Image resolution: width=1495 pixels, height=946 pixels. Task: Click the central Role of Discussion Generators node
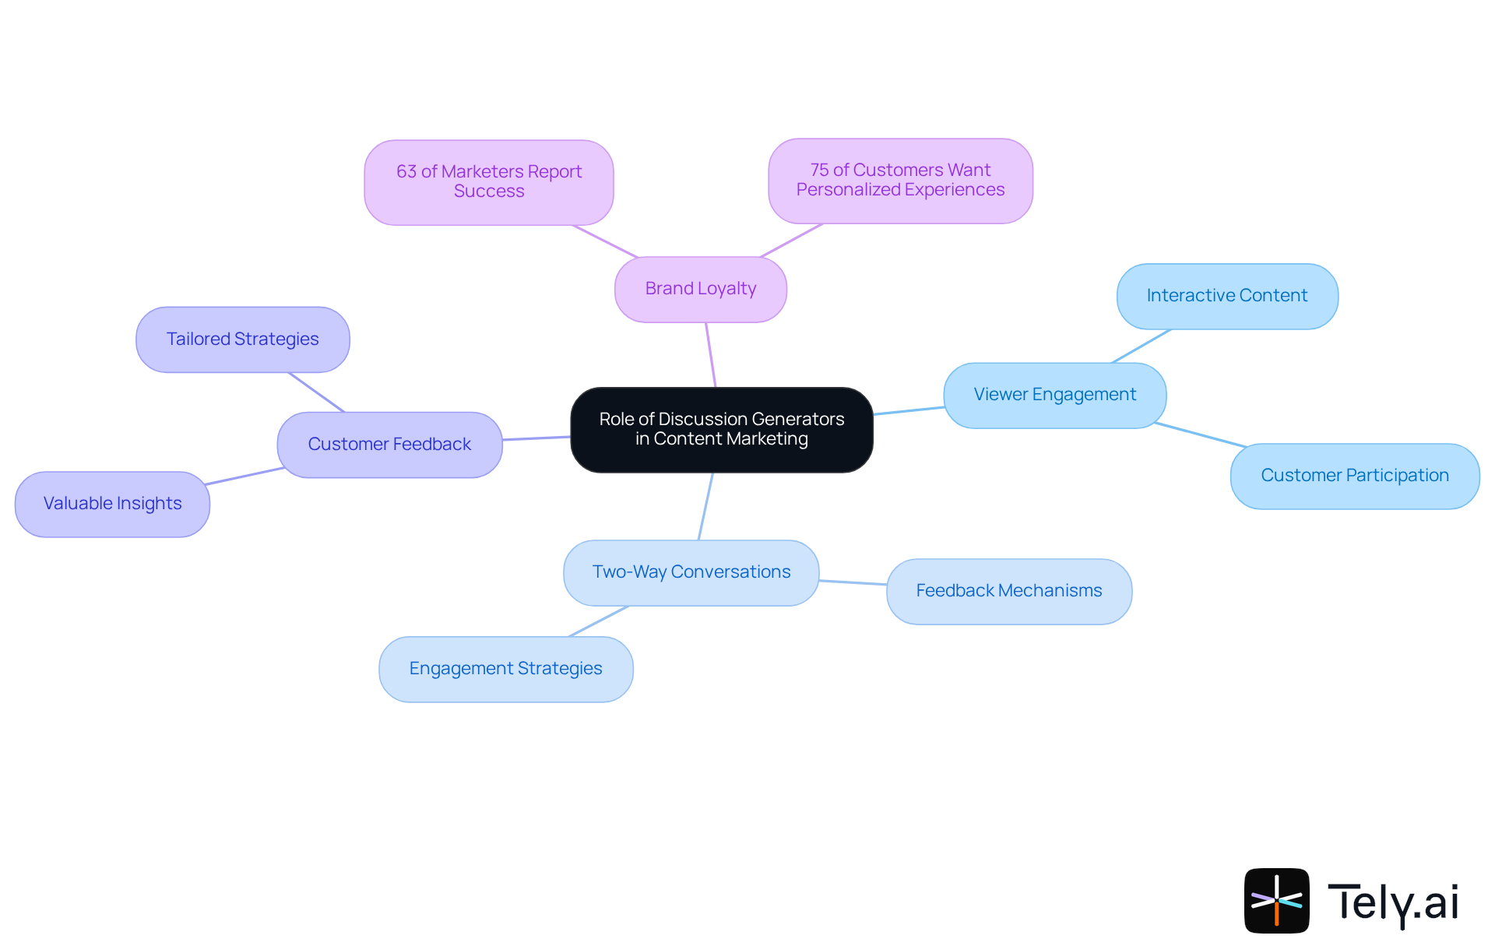tap(721, 429)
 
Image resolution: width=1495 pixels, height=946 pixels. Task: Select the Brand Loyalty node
tap(700, 289)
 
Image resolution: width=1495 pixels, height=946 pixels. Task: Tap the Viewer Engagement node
tap(1054, 395)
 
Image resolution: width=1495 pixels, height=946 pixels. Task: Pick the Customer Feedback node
tap(389, 445)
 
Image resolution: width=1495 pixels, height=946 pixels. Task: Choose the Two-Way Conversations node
tap(691, 572)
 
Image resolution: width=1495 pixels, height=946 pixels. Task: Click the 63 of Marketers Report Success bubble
tap(488, 181)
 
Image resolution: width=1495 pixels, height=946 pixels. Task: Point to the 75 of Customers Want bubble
tap(900, 180)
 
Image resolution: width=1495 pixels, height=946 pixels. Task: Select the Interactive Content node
tap(1226, 296)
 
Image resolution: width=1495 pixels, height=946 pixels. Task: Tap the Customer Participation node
tap(1354, 476)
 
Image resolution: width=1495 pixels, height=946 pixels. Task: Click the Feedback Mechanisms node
tap(1008, 591)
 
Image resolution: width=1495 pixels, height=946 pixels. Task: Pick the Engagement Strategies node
tap(505, 669)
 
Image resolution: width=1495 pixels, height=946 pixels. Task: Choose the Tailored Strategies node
tap(242, 339)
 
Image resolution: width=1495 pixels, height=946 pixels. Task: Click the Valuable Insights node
tap(112, 504)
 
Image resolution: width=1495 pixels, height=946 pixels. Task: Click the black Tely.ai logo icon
tap(1276, 900)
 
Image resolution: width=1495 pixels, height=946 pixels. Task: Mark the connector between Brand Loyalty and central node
tap(711, 355)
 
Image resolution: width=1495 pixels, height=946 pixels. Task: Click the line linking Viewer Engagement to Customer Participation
tap(1200, 435)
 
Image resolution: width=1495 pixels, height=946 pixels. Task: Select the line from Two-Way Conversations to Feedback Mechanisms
tap(853, 582)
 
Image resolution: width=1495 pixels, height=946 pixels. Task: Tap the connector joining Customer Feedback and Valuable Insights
tap(244, 477)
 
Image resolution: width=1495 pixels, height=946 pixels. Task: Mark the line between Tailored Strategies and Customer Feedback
tap(316, 392)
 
